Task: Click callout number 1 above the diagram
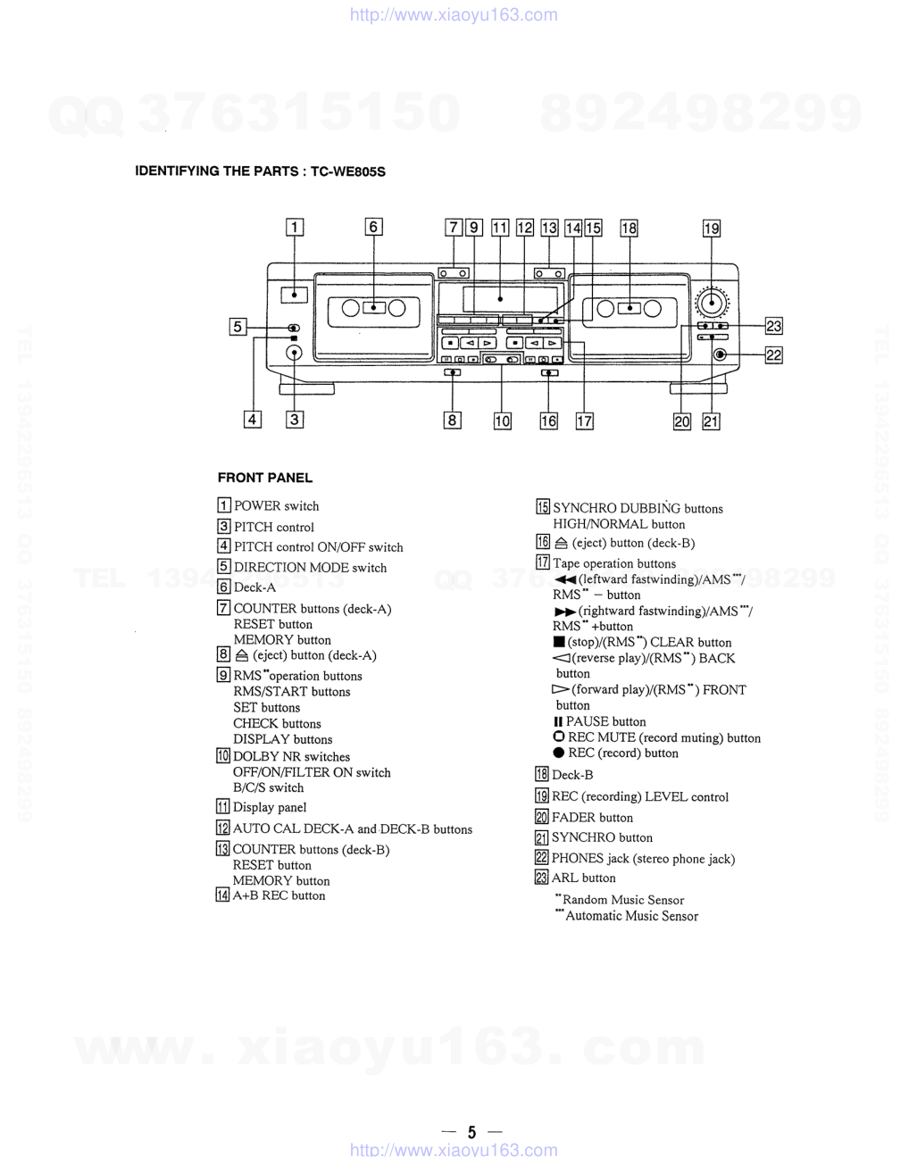(294, 228)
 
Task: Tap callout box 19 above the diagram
(711, 229)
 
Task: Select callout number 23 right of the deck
(773, 327)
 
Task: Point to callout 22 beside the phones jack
(773, 355)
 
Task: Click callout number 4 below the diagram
(253, 420)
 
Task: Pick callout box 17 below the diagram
(584, 421)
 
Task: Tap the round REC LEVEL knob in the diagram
(711, 302)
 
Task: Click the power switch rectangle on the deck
(294, 295)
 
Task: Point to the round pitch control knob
(294, 353)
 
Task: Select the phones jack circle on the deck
(721, 354)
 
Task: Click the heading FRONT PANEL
(265, 478)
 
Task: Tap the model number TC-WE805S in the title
(348, 171)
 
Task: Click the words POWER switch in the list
(276, 506)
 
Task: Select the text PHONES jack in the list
(590, 859)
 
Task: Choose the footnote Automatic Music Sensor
(631, 916)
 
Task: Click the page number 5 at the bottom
(471, 1132)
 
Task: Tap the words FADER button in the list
(592, 818)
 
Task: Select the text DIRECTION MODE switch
(310, 568)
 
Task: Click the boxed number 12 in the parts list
(222, 828)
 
